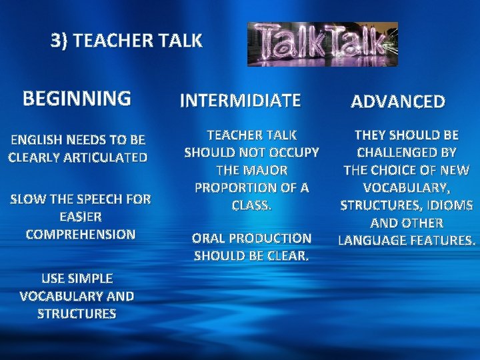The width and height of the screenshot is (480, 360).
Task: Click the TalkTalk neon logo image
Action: [x=323, y=44]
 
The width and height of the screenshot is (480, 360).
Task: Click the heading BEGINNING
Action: [x=77, y=99]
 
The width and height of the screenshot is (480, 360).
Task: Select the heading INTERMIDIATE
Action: [x=241, y=101]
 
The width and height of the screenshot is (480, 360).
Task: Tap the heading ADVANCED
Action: [x=398, y=101]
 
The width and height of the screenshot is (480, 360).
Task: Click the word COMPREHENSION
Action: [x=80, y=235]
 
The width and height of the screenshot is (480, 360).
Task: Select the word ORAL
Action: [x=209, y=238]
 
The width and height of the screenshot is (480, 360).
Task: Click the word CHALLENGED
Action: [x=397, y=152]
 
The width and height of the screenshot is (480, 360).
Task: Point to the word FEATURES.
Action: [x=442, y=239]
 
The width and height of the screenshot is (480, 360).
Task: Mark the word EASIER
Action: [x=81, y=217]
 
